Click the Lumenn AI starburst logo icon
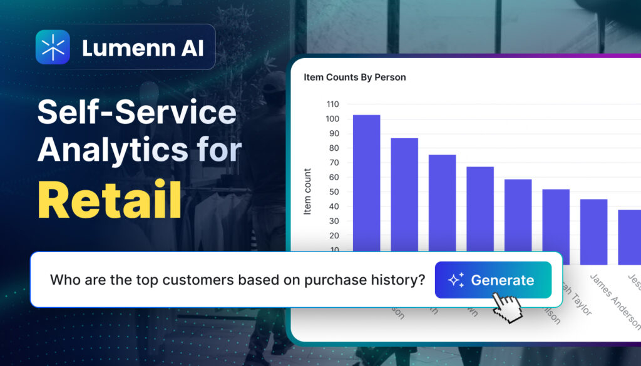click(x=53, y=47)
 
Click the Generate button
click(x=493, y=280)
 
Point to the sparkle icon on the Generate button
click(x=456, y=280)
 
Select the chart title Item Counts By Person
click(x=355, y=78)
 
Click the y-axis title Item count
click(x=307, y=191)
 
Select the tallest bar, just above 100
click(x=366, y=181)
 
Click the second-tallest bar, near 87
click(x=404, y=194)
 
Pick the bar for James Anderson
click(x=593, y=231)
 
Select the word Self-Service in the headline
click(x=137, y=113)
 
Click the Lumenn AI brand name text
click(x=143, y=48)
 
